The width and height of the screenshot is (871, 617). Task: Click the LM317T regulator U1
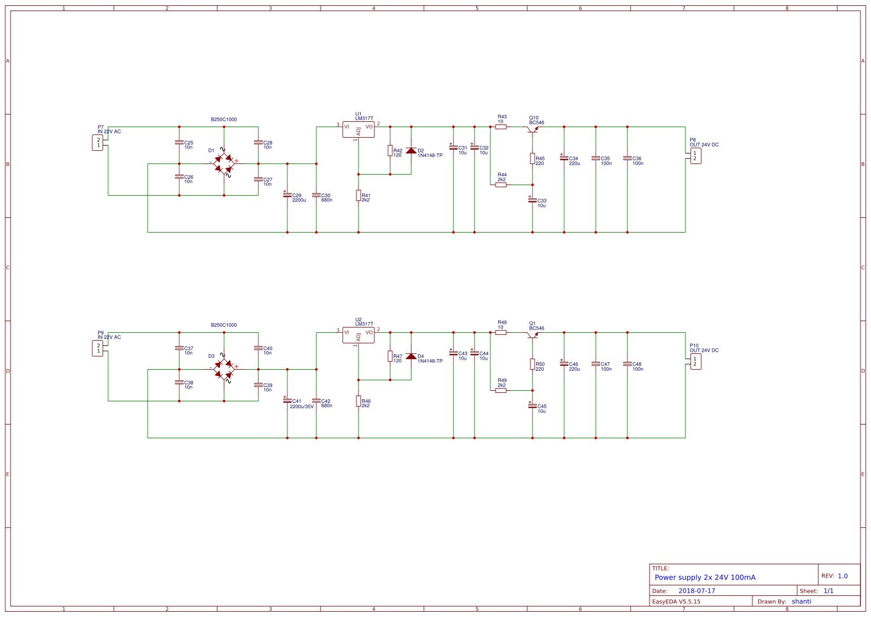[x=359, y=129]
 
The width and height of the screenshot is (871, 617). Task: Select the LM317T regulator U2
[x=359, y=335]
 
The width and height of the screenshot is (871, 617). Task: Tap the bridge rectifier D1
[x=224, y=163]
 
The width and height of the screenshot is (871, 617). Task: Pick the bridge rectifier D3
[x=224, y=369]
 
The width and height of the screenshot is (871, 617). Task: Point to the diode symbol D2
[x=411, y=151]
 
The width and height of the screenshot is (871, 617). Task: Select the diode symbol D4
[x=411, y=356]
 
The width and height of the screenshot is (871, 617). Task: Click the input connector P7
[x=98, y=143]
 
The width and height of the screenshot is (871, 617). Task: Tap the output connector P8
[x=695, y=156]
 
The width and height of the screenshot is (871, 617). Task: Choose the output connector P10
[x=695, y=362]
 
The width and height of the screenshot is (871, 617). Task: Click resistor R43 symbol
[x=501, y=127]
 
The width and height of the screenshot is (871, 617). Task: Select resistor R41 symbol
[x=359, y=196]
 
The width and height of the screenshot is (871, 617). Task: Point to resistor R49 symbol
[x=501, y=390]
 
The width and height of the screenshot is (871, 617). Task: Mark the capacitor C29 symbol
[x=287, y=195]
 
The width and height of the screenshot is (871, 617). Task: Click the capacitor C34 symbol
[x=564, y=158]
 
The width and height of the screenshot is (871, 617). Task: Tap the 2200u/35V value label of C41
[x=302, y=407]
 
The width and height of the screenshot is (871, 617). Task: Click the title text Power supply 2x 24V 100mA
[x=705, y=577]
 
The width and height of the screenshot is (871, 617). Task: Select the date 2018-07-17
[x=696, y=591]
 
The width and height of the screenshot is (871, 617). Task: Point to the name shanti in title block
[x=801, y=601]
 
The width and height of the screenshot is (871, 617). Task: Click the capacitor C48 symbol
[x=627, y=364]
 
